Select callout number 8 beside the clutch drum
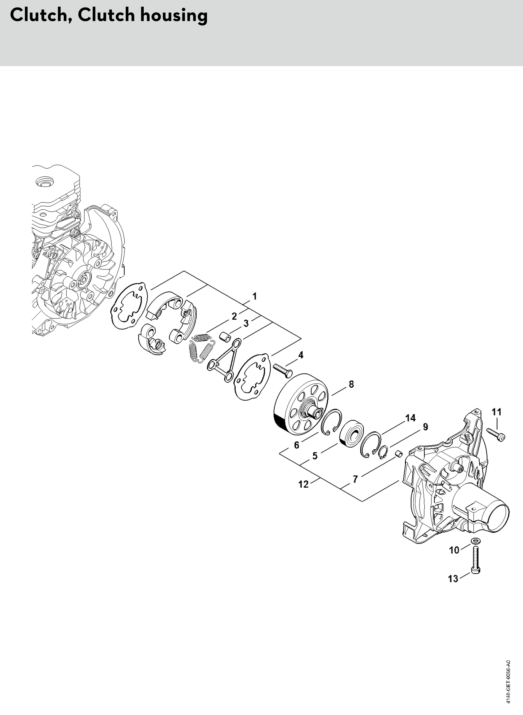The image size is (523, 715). click(351, 384)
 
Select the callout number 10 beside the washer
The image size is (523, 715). click(454, 550)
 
